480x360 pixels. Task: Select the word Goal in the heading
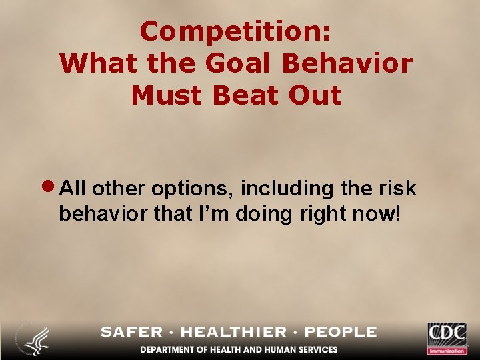tap(233, 63)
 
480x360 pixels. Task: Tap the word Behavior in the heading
tap(347, 63)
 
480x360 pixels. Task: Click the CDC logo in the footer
tap(447, 333)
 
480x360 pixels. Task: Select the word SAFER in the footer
tap(131, 332)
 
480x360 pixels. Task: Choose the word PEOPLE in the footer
tap(343, 332)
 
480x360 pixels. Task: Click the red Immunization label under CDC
tap(447, 350)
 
